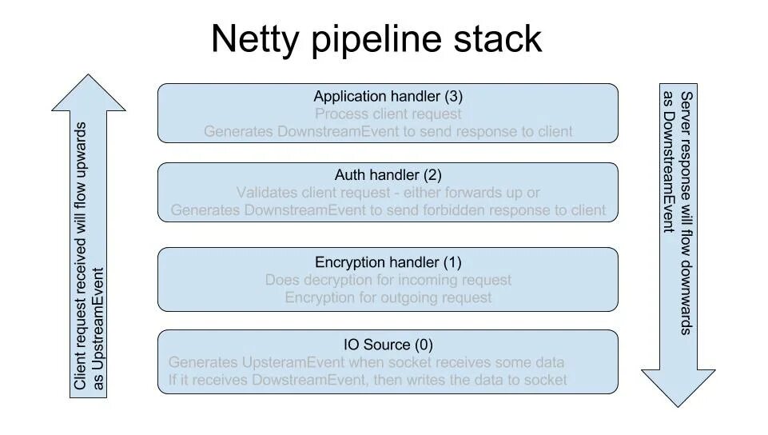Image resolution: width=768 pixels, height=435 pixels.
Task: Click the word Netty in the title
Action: pos(255,39)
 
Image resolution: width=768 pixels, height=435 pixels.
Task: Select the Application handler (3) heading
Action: pos(388,97)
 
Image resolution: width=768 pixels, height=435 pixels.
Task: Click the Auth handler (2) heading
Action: pos(388,175)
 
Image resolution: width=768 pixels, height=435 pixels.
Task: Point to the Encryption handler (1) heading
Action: pos(388,262)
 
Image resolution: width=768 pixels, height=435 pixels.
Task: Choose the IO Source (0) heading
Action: pos(388,345)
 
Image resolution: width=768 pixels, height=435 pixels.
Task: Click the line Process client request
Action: pos(388,114)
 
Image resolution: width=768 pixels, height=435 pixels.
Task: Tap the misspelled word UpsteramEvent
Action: pos(293,362)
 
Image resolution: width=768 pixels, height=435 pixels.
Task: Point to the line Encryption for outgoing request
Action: pos(388,297)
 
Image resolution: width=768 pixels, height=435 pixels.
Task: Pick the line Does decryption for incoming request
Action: pos(388,280)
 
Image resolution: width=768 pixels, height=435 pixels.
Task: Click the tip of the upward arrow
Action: pos(88,75)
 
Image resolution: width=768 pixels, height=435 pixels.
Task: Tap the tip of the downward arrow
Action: pos(678,406)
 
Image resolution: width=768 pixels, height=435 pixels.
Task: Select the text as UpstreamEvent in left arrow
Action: pos(98,328)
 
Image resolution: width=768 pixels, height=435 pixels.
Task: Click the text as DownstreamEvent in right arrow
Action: pos(669,162)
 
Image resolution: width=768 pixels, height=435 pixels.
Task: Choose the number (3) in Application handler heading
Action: pos(454,97)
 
